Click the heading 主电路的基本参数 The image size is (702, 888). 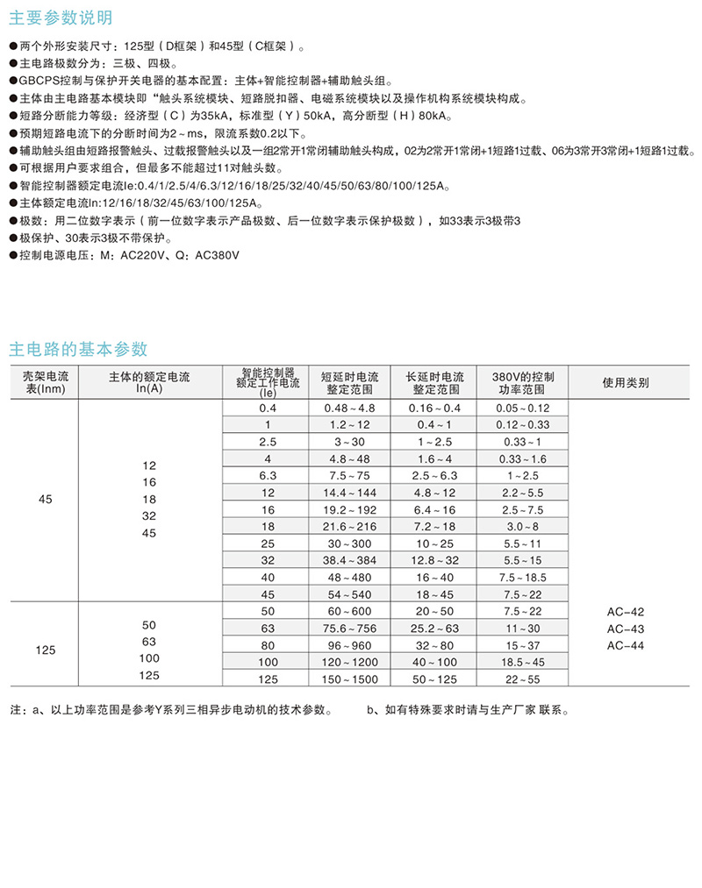[78, 348]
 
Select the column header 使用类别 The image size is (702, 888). [626, 382]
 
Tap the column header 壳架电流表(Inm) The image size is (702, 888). [45, 382]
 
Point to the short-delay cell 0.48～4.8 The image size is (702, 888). [349, 408]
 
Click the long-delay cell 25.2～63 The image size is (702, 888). [435, 628]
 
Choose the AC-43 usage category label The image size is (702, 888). [626, 629]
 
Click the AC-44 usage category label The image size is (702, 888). [626, 645]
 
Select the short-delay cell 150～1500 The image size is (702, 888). [349, 678]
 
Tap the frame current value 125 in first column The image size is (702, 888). [46, 650]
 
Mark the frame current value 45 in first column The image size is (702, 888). [46, 499]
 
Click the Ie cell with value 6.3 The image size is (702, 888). [268, 475]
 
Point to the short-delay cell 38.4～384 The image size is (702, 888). [349, 559]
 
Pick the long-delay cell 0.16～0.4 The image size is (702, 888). [435, 408]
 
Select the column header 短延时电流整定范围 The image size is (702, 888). [349, 382]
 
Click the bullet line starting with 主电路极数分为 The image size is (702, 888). [97, 64]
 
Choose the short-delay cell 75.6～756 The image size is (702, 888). [349, 628]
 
